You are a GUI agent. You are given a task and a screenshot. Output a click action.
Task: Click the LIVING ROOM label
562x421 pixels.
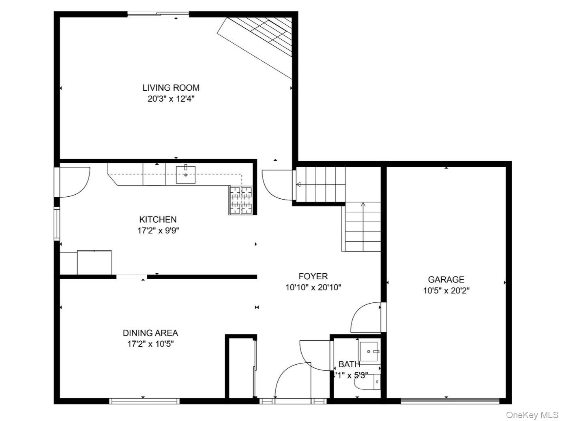click(171, 87)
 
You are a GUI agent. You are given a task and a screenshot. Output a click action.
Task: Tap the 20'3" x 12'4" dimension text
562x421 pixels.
click(171, 99)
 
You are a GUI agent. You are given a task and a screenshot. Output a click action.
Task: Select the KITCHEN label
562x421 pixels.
click(158, 219)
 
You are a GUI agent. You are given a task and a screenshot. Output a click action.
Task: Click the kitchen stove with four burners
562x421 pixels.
click(241, 200)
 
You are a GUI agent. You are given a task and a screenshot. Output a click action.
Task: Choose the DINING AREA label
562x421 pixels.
click(150, 333)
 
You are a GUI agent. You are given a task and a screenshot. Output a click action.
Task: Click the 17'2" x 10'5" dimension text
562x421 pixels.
click(150, 344)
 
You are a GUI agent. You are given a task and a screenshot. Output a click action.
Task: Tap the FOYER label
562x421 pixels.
click(313, 276)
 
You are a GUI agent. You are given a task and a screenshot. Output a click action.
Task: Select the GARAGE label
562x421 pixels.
click(446, 279)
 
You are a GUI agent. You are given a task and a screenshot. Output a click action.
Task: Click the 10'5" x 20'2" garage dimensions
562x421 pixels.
click(446, 291)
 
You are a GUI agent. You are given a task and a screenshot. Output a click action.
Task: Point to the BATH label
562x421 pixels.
click(349, 364)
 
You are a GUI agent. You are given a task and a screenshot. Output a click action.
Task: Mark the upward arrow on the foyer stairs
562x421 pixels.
click(363, 205)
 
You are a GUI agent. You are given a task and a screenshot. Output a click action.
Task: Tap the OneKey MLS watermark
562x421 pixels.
click(532, 415)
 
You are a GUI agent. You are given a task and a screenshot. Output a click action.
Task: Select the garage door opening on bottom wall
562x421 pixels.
click(450, 401)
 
